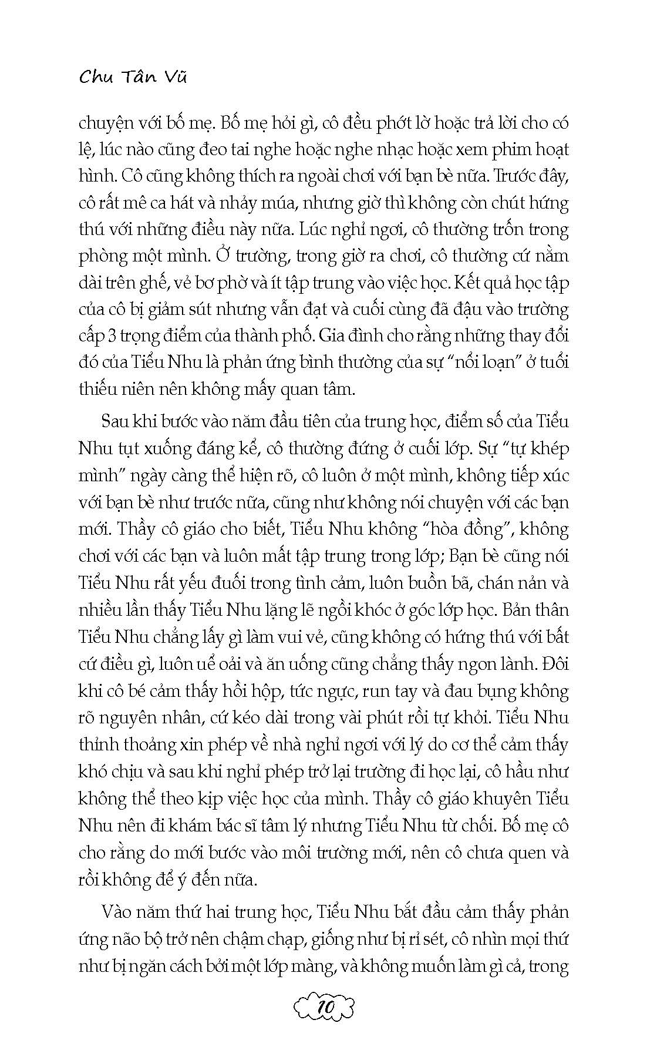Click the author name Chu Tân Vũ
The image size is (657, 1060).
click(132, 77)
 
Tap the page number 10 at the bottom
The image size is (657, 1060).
click(325, 1008)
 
